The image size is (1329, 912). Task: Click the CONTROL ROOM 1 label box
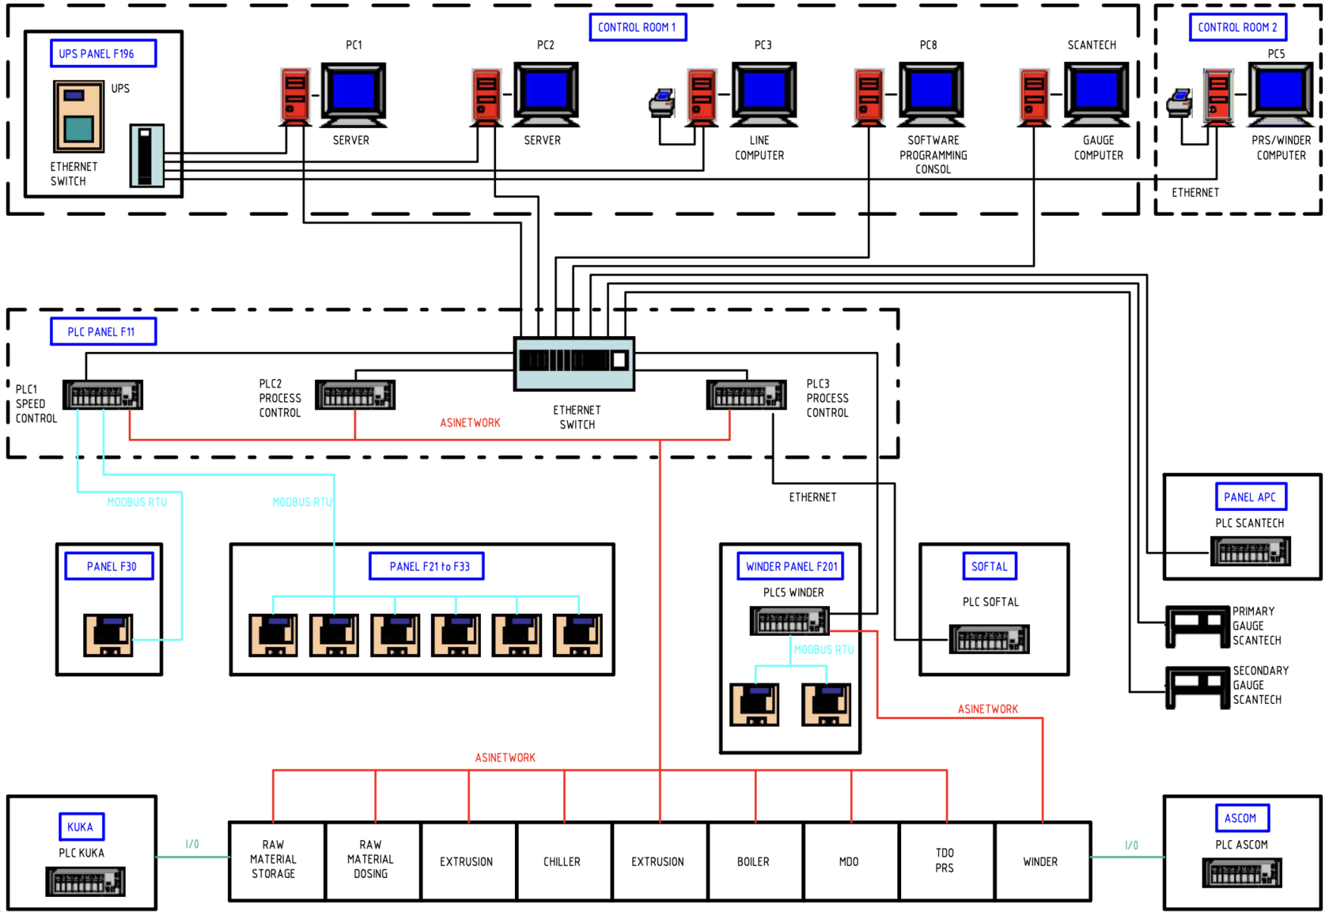click(x=638, y=27)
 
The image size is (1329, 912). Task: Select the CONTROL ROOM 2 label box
click(x=1237, y=27)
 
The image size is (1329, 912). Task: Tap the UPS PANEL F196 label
click(x=103, y=54)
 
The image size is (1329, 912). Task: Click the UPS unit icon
click(x=78, y=116)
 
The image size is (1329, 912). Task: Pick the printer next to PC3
click(x=662, y=104)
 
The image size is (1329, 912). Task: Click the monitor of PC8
click(x=932, y=93)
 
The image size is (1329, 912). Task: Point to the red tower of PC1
click(x=295, y=96)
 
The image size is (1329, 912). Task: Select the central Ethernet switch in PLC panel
click(x=574, y=362)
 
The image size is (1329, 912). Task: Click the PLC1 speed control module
click(x=103, y=395)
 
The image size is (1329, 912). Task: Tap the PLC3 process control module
click(x=746, y=395)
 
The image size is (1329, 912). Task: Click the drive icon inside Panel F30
click(x=108, y=635)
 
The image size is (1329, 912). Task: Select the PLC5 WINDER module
click(x=789, y=621)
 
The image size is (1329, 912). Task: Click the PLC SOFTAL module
click(x=989, y=638)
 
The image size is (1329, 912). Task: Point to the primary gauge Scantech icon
click(x=1197, y=626)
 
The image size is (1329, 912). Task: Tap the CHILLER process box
click(x=562, y=861)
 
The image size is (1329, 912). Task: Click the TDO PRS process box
click(x=945, y=861)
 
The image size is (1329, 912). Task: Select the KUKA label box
click(x=81, y=827)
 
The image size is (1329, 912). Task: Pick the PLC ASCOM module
click(x=1241, y=873)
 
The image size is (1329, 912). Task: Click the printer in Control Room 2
click(x=1179, y=104)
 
